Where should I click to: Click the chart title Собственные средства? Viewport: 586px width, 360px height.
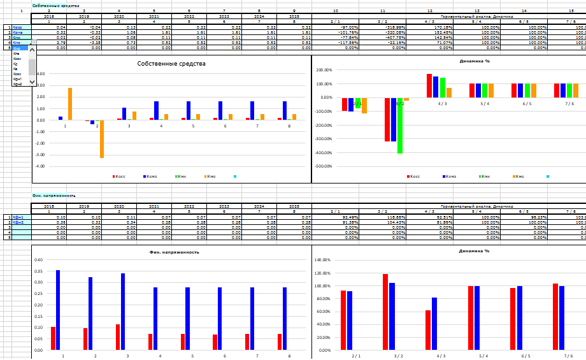pos(171,64)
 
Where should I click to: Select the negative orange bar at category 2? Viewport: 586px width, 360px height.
pos(101,139)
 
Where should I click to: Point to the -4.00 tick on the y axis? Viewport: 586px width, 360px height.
pos(40,166)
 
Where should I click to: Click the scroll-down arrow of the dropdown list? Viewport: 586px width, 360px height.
pos(33,82)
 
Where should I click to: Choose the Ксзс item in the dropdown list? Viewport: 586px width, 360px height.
pos(17,74)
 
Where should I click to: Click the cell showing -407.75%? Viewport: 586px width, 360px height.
pos(387,38)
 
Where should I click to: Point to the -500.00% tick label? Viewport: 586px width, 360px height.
pos(324,166)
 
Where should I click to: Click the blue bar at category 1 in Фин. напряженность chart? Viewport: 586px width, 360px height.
pos(58,310)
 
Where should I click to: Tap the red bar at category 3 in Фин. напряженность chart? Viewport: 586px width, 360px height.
pos(118,337)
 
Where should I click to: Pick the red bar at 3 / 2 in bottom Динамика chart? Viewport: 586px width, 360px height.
pos(385,312)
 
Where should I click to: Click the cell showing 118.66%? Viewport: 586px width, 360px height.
pos(387,217)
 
